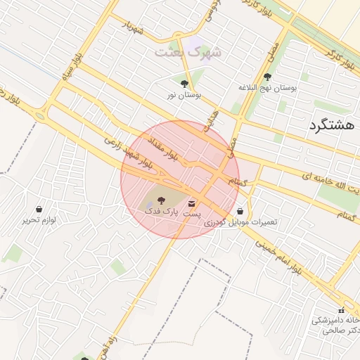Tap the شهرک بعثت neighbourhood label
click(187, 52)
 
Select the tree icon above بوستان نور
click(184, 84)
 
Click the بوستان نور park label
click(185, 94)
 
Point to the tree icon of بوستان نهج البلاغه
click(266, 77)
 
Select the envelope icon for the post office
click(192, 204)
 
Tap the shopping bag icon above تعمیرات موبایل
click(241, 210)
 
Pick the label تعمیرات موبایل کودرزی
click(241, 221)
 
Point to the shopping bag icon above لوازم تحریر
click(39, 209)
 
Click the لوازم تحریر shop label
click(39, 219)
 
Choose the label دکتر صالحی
click(336, 330)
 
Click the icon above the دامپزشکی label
click(341, 310)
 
